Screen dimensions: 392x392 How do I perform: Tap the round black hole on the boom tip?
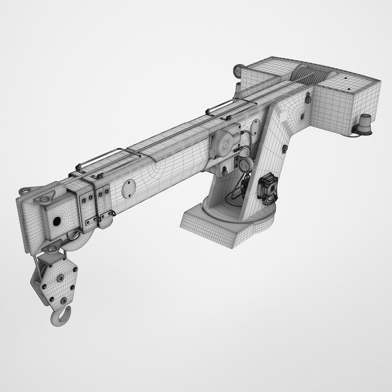click(x=57, y=221)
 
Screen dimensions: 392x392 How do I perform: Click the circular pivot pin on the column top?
click(x=302, y=116)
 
